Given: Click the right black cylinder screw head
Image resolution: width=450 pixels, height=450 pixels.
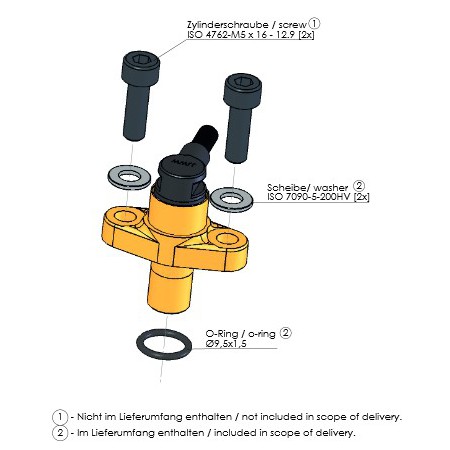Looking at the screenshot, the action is click(x=242, y=90).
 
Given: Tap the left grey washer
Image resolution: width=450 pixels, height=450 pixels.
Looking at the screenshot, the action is click(x=129, y=177).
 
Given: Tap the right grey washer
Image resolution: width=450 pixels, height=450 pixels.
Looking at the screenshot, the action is click(x=232, y=200).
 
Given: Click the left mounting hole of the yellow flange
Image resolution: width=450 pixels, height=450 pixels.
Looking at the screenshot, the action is click(x=126, y=217).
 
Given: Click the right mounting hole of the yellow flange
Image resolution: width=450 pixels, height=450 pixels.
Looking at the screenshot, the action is click(x=227, y=238).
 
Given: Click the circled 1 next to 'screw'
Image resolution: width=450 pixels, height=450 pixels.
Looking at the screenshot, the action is click(x=314, y=23).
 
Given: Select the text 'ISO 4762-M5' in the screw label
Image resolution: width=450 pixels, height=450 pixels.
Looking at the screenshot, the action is click(x=216, y=35).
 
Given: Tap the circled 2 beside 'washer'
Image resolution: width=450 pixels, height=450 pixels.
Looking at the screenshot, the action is click(x=359, y=186).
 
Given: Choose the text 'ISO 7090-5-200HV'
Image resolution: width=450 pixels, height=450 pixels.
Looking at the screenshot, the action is click(x=309, y=197).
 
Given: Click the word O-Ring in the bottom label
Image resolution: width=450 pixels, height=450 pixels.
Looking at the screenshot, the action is click(x=222, y=334).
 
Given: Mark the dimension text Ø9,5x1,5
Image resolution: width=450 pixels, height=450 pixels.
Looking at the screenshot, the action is click(x=226, y=344).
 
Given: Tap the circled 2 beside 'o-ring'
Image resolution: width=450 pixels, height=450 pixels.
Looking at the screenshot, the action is click(x=285, y=333).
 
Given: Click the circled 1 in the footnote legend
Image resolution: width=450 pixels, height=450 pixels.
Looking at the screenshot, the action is click(x=60, y=417).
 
